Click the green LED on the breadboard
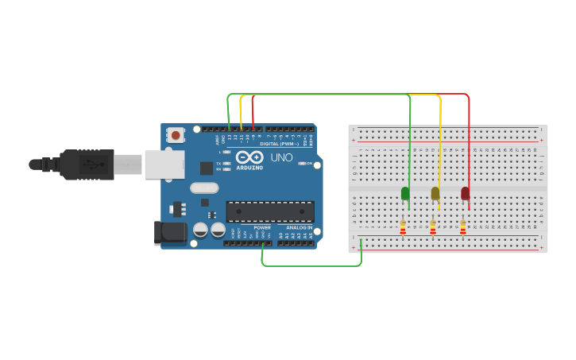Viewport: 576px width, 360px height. [x=405, y=193]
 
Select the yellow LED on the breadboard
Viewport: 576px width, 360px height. [x=435, y=193]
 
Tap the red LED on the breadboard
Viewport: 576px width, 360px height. [x=466, y=193]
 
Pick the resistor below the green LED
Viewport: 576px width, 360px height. [x=403, y=228]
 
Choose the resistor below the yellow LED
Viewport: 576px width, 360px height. [x=433, y=228]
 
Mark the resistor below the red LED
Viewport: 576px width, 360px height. [x=463, y=228]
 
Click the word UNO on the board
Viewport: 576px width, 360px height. [x=282, y=158]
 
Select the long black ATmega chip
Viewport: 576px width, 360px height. [x=270, y=211]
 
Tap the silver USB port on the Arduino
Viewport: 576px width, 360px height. [x=164, y=164]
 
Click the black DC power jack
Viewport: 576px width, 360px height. [x=169, y=232]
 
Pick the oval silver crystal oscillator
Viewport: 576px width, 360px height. [x=204, y=188]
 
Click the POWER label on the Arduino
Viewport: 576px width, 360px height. [x=262, y=227]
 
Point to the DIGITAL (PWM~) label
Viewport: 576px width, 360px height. [x=279, y=144]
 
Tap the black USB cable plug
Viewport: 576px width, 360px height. [x=87, y=165]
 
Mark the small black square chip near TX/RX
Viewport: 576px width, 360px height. [x=207, y=168]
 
